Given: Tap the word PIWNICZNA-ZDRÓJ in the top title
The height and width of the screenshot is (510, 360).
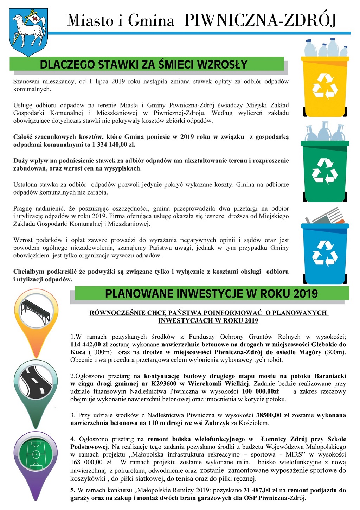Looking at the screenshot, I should click(x=261, y=21).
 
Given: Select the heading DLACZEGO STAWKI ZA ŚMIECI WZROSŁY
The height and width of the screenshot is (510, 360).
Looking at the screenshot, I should click(x=144, y=65).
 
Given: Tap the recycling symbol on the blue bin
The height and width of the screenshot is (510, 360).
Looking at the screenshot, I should click(x=325, y=253).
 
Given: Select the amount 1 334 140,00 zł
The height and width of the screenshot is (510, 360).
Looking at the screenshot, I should click(x=114, y=145).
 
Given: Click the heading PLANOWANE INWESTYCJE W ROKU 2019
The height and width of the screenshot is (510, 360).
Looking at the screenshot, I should click(x=211, y=294).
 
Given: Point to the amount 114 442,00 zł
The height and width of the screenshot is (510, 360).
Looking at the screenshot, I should click(x=89, y=344).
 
